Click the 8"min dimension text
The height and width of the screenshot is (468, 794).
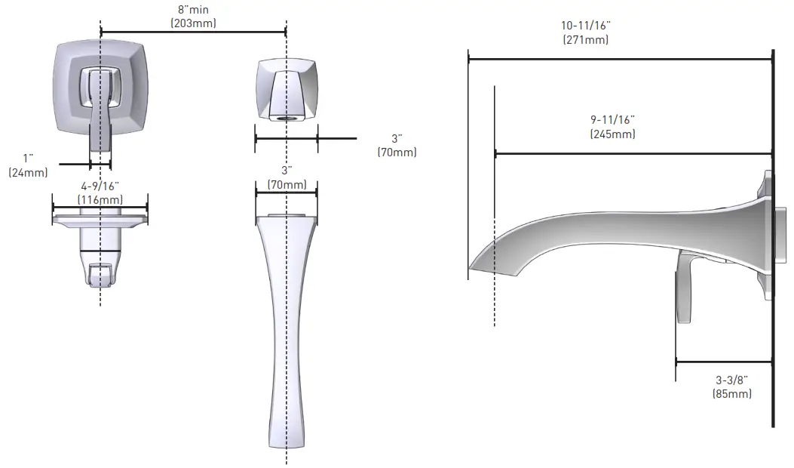click(193, 10)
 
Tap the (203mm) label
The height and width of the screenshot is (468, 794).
click(193, 23)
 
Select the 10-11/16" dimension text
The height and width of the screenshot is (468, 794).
click(585, 26)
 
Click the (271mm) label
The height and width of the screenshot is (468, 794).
click(585, 39)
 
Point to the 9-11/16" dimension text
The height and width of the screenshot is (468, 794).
click(612, 120)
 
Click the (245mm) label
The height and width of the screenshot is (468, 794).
click(612, 134)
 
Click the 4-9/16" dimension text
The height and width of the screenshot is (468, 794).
click(100, 185)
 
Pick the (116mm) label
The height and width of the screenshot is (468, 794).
click(100, 199)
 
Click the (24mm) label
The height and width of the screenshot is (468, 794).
click(28, 172)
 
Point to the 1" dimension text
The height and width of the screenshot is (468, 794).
click(29, 158)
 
